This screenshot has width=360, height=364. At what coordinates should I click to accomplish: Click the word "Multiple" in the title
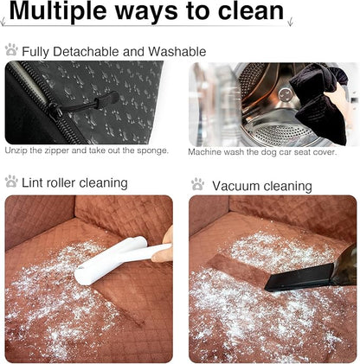coord(58,11)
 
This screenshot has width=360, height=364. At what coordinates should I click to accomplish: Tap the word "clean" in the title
coord(250,10)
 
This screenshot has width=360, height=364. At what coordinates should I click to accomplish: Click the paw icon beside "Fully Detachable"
coord(11,49)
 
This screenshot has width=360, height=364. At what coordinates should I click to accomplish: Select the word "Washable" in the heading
coord(177,52)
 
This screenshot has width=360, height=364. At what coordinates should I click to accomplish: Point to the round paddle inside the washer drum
coord(285,94)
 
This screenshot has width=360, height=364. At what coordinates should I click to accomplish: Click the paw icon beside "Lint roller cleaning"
coord(11,182)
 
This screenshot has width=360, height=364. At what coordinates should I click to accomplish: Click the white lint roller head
coord(110,261)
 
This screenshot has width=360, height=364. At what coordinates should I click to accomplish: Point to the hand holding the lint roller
coord(163,245)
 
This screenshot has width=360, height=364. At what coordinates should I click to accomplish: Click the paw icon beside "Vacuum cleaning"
coord(197,184)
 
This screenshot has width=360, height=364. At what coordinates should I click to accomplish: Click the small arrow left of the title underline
coord(3,22)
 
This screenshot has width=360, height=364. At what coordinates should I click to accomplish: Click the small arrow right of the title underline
coord(290,22)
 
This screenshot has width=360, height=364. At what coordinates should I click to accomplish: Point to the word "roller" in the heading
coord(57,182)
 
